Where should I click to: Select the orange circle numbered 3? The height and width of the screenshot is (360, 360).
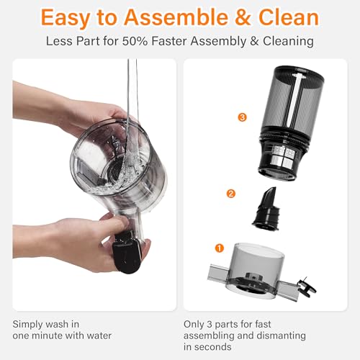tap(243, 116)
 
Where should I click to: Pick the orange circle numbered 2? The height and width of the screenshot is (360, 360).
tap(230, 193)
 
